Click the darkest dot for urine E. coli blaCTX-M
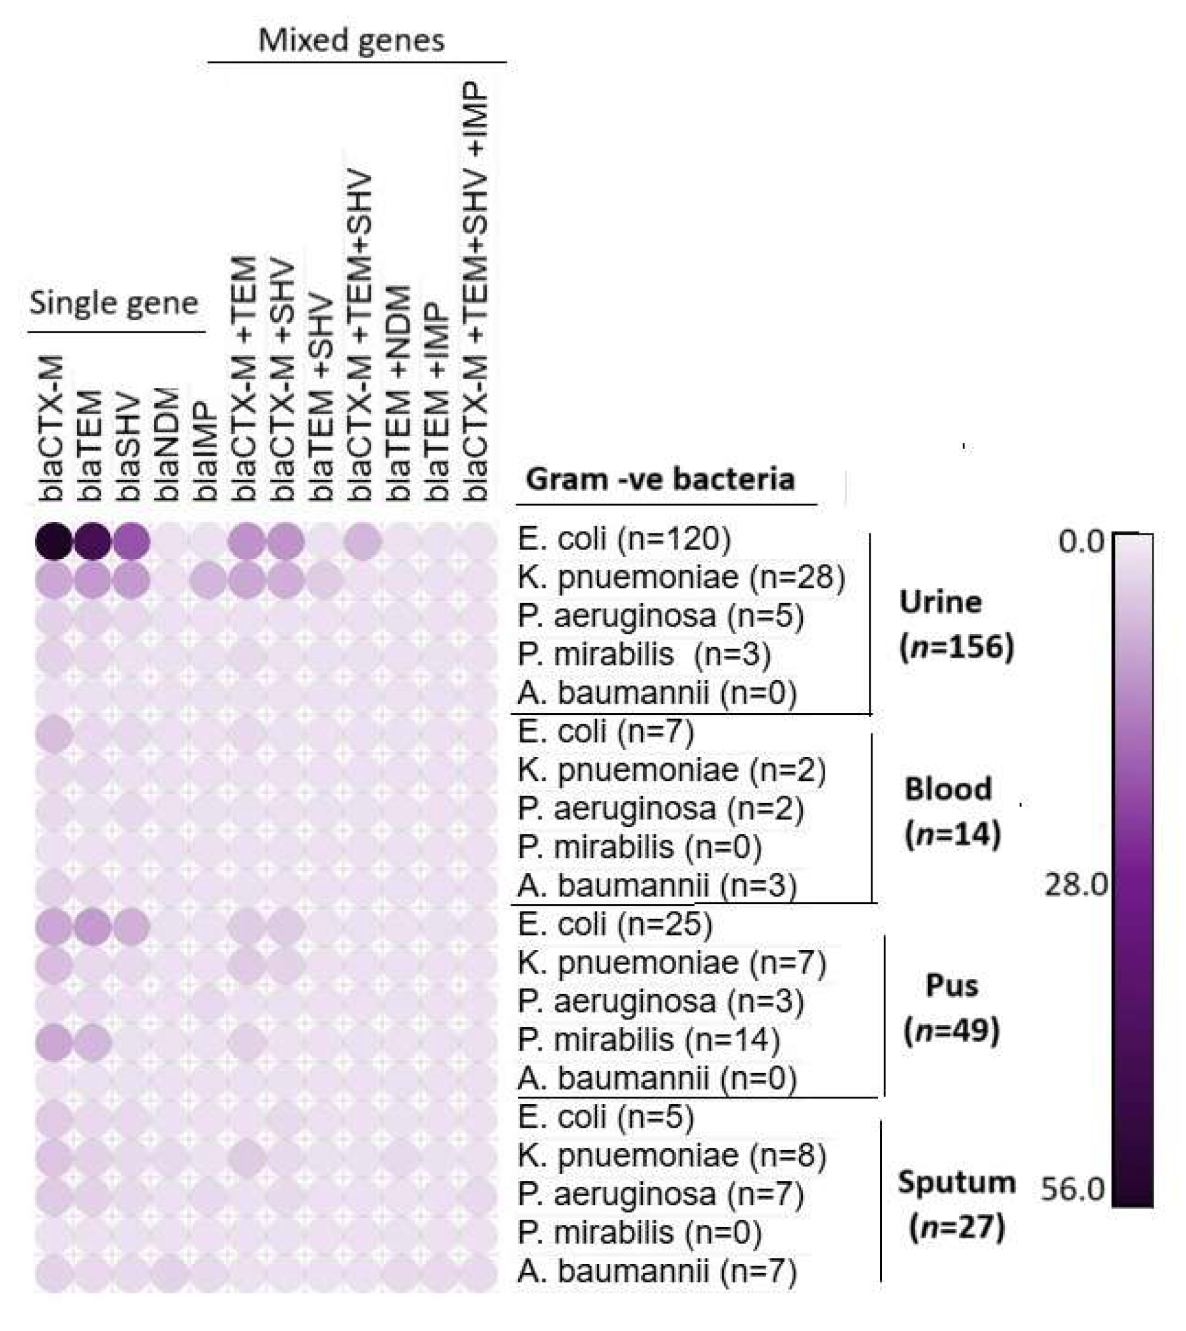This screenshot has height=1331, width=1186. click(x=54, y=541)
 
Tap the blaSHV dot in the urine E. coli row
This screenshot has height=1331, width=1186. click(x=131, y=541)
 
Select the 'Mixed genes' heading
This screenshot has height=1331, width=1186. click(x=351, y=40)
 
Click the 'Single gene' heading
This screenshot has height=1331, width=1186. click(x=114, y=303)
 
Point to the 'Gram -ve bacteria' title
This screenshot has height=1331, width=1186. click(x=660, y=480)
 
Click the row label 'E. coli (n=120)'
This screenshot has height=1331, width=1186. click(x=624, y=540)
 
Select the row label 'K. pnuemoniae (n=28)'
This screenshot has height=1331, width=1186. click(x=681, y=578)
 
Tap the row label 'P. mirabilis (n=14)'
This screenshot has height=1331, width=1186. click(x=649, y=1040)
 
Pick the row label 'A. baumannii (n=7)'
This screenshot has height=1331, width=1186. click(x=657, y=1271)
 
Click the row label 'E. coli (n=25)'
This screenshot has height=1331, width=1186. click(x=615, y=924)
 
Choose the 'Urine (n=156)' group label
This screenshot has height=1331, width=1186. click(x=956, y=624)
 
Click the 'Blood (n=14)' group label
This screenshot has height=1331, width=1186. click(x=952, y=812)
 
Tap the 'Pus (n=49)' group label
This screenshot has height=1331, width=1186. click(x=952, y=1008)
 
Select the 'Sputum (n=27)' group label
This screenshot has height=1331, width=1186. click(x=957, y=1204)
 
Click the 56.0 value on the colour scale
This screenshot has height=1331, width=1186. click(x=1073, y=1190)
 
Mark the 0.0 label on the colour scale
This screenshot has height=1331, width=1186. click(x=1081, y=542)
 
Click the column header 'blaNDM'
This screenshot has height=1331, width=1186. click(x=167, y=445)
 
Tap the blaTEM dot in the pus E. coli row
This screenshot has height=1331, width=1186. click(x=93, y=926)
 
